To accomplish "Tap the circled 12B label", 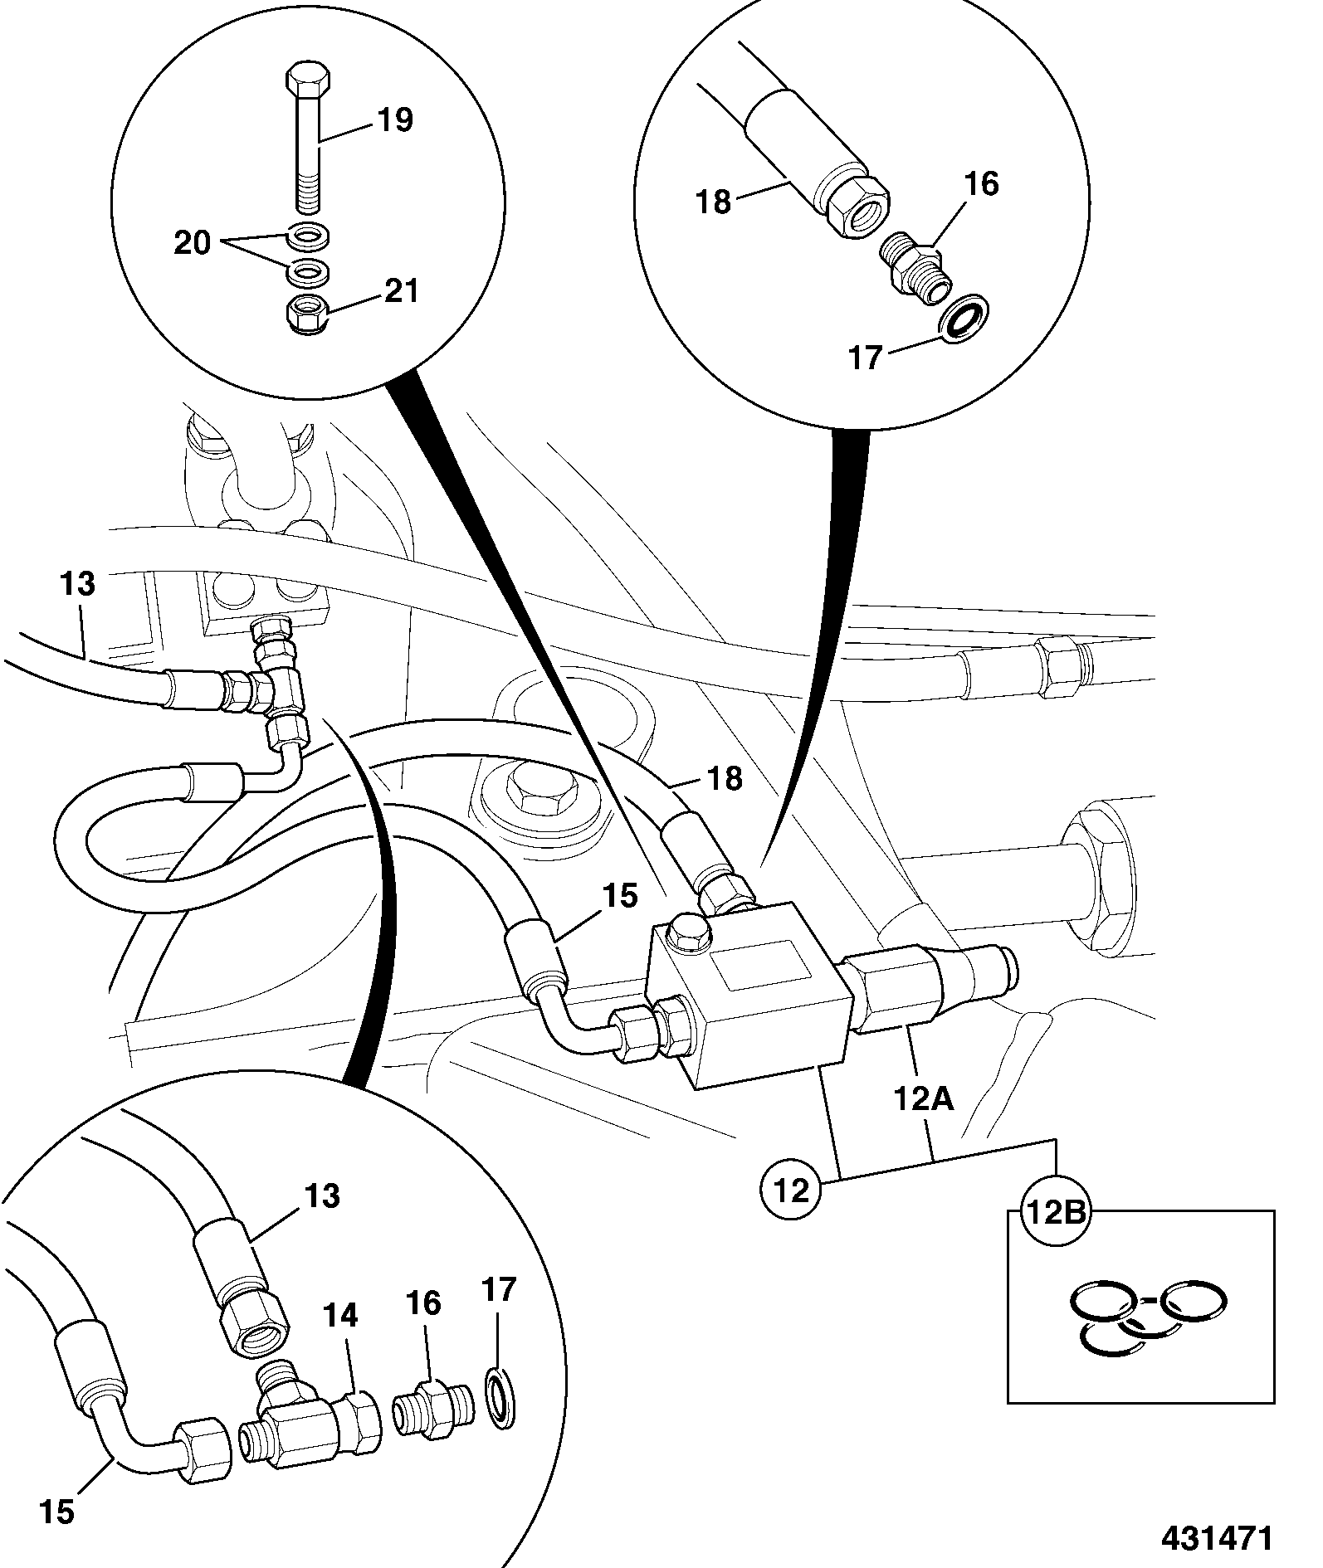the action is [x=1054, y=1215].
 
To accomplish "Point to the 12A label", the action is [x=924, y=1100].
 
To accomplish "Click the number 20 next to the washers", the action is [x=193, y=244].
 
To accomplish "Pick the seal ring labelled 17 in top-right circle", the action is [x=964, y=317].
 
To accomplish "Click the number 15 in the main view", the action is [x=620, y=896].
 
